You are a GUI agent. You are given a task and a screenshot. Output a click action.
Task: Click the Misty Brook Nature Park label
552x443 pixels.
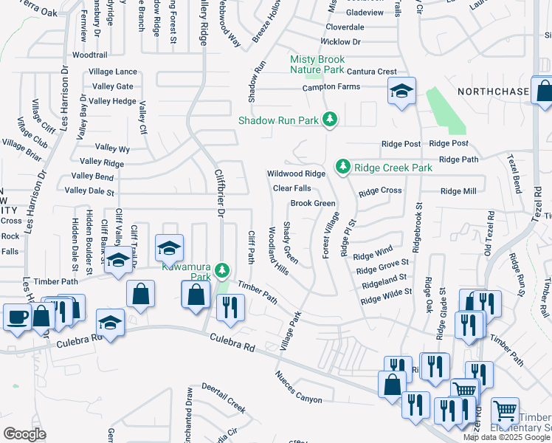tap(317, 64)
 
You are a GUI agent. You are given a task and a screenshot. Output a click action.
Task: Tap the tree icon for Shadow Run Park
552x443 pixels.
tap(331, 120)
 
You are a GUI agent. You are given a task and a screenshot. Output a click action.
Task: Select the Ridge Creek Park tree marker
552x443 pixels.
tap(342, 168)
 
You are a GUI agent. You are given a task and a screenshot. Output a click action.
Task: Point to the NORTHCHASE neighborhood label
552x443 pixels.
tap(493, 92)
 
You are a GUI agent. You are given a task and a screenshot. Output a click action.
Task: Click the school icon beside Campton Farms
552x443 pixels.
tap(401, 92)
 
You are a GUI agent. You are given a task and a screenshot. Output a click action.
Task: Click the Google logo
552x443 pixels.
tap(25, 434)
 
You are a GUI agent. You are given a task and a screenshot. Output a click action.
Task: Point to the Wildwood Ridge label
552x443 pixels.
tap(296, 174)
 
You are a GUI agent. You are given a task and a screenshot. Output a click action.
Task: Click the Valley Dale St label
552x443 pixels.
tap(89, 191)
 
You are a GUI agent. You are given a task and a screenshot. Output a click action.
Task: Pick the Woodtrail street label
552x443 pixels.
tap(89, 55)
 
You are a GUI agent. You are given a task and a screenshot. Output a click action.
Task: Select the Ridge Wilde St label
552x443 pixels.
tap(386, 293)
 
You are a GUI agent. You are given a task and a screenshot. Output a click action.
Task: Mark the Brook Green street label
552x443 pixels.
tap(313, 203)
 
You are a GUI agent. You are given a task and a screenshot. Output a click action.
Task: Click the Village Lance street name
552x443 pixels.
tap(113, 72)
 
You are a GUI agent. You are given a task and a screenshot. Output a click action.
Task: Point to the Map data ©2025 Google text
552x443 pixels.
tap(506, 437)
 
